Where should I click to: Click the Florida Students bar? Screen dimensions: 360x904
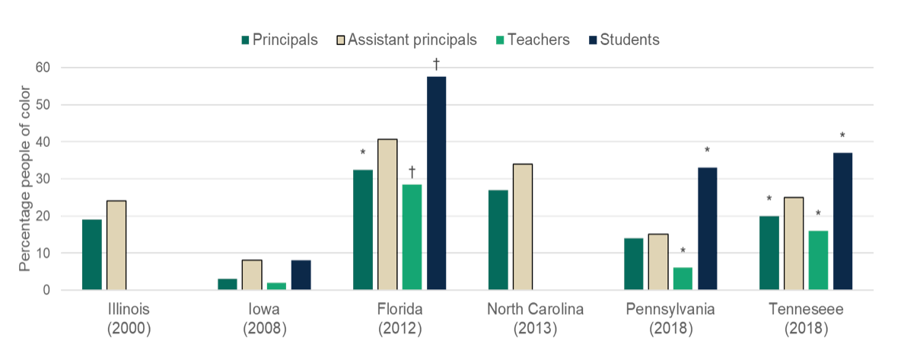pyautogui.click(x=436, y=183)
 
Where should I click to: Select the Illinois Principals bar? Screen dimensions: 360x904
pyautogui.click(x=91, y=254)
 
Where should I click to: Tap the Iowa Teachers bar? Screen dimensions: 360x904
pyautogui.click(x=276, y=285)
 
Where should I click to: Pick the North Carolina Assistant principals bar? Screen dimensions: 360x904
pyautogui.click(x=522, y=227)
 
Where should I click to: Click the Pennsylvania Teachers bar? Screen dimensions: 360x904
pyautogui.click(x=683, y=279)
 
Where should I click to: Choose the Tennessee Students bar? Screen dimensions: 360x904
pyautogui.click(x=842, y=221)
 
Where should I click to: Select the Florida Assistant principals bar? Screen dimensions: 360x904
pyautogui.click(x=387, y=214)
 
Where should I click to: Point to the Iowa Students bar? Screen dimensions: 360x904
pyautogui.click(x=301, y=275)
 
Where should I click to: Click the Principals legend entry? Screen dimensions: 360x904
pyautogui.click(x=279, y=40)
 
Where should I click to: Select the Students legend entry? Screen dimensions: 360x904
pyautogui.click(x=622, y=40)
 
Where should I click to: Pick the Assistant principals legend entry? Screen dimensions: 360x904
pyautogui.click(x=407, y=40)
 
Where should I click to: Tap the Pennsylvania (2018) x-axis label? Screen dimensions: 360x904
pyautogui.click(x=670, y=319)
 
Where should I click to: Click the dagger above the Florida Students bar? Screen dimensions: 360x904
pyautogui.click(x=437, y=64)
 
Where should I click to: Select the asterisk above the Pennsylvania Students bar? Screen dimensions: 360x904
pyautogui.click(x=707, y=151)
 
